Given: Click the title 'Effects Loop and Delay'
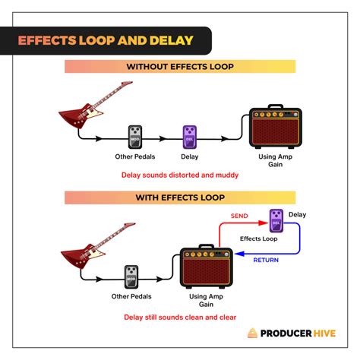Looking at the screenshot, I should pyautogui.click(x=106, y=39).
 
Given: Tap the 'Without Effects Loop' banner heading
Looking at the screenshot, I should pyautogui.click(x=180, y=66).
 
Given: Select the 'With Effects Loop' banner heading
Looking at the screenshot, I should pyautogui.click(x=180, y=197).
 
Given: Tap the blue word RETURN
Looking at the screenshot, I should pyautogui.click(x=267, y=259).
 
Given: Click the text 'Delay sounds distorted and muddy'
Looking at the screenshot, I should pyautogui.click(x=180, y=175).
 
